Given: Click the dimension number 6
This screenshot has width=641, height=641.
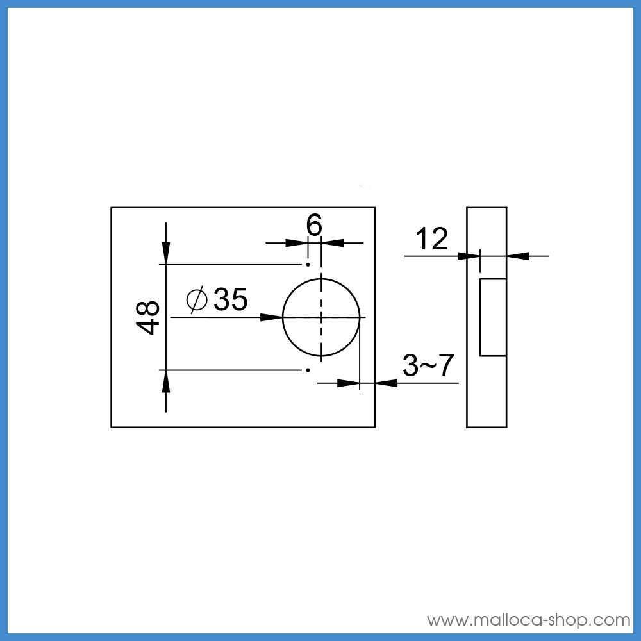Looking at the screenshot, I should point(313,225).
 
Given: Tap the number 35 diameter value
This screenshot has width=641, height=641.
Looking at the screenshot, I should point(231,299).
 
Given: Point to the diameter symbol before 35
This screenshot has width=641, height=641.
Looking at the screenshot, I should point(197,299).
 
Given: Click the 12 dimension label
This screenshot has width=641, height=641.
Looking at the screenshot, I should point(431,239).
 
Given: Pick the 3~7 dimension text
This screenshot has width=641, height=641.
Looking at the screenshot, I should point(428,366).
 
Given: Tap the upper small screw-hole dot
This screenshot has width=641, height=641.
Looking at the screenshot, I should point(308,264).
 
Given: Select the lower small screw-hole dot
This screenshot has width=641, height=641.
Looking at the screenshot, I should point(308,370).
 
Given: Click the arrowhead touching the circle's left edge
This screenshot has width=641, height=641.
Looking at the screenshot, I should point(272,317).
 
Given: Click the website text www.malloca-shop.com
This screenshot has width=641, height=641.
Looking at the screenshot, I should point(529,620).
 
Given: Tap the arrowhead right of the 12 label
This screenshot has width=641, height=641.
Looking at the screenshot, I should point(470,256).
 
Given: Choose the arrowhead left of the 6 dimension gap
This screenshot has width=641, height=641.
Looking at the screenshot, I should point(296,243).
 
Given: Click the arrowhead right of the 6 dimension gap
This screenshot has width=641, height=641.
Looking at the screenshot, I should point(333,243).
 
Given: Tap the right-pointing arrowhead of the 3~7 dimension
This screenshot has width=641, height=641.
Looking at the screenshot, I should point(348,383).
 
